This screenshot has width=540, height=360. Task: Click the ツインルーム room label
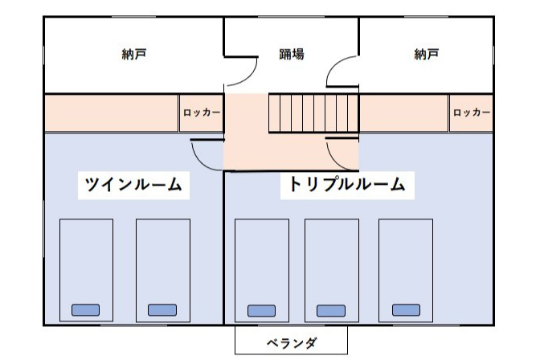coord(133,185)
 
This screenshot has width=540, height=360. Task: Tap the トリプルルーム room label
coord(347,184)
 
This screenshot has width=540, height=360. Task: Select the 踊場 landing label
coord(292,54)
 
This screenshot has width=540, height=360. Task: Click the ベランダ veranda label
coord(292,343)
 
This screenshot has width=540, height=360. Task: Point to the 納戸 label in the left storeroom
coord(134,54)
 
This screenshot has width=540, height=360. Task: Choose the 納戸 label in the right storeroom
coord(427,54)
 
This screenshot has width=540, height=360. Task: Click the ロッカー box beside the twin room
coord(202,112)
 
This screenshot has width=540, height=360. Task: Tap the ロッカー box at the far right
coord(471,112)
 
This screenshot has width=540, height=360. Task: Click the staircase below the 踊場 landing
coord(313,113)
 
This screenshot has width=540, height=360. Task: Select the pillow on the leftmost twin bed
coord(86,310)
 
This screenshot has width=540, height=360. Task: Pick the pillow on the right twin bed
coord(162,310)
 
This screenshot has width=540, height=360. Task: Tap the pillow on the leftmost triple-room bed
coord(261,311)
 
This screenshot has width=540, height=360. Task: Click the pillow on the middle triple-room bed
coord(331,311)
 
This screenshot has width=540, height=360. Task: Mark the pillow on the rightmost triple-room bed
coord(406,310)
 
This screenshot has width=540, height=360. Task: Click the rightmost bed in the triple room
coord(406,271)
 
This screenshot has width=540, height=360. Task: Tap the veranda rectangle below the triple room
coord(292,340)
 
